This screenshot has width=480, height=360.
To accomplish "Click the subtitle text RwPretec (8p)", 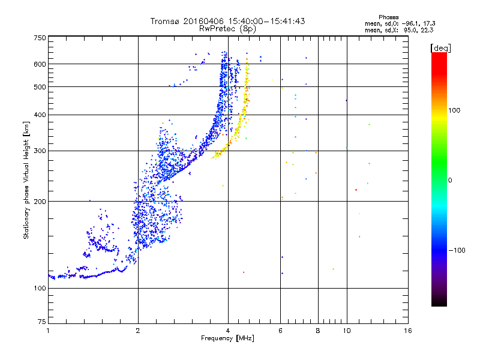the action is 227,29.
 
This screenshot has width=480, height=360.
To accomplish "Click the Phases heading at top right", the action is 388,17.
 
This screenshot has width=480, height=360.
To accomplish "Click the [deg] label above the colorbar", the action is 440,49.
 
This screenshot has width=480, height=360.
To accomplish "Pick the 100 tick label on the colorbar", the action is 454,110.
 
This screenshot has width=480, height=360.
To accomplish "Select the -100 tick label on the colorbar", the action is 457,250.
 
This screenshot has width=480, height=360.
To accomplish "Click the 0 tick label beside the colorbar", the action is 450,181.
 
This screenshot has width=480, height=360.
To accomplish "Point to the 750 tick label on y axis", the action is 40,38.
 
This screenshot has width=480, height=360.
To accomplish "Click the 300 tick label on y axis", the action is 40,151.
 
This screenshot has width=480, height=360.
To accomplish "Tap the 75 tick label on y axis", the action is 42,322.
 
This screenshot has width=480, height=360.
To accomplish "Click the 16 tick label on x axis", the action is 407,331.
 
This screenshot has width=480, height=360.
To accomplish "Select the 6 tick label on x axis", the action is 280,331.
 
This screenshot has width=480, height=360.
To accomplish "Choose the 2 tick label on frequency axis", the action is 138,331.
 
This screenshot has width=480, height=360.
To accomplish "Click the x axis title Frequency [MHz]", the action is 227,338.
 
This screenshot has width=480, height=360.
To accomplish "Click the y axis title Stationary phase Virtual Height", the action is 26,180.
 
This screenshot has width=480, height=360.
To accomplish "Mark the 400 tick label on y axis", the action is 40,115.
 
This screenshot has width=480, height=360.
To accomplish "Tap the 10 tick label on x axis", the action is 347,331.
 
